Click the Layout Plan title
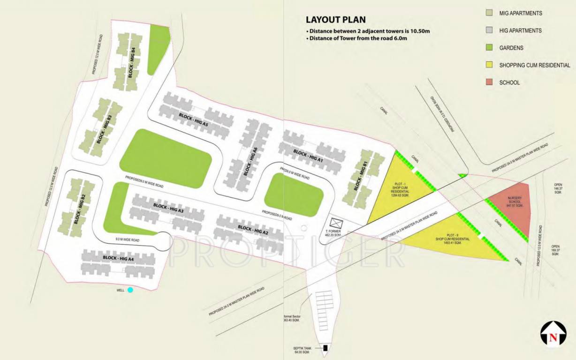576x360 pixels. point(335,20)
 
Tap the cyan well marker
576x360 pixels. point(130,290)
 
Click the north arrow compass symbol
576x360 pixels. point(553,334)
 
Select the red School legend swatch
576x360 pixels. point(489,82)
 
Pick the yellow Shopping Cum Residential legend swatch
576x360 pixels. point(489,65)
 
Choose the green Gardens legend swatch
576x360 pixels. point(489,48)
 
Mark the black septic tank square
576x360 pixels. point(325,348)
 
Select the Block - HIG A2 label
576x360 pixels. point(253,230)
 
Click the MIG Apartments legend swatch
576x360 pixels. point(489,13)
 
